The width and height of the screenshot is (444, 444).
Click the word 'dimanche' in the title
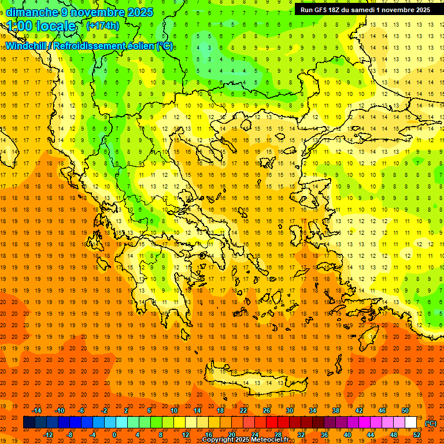pyautogui.click(x=32, y=12)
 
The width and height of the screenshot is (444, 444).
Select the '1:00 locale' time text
pyautogui.click(x=42, y=26)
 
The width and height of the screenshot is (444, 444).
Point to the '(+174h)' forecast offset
pyautogui.click(x=103, y=26)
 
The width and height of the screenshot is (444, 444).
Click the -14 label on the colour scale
pyautogui.click(x=38, y=410)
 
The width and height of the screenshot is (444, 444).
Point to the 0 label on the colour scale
pyautogui.click(x=114, y=434)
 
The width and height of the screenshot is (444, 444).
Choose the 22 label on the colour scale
pyautogui.click(x=243, y=410)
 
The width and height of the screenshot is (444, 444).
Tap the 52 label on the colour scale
pyautogui.click(x=417, y=434)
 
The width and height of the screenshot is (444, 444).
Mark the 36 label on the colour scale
pyautogui.click(x=324, y=434)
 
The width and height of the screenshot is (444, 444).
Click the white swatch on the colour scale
pyautogui.click(x=411, y=423)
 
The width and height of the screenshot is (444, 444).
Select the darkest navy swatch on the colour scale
pyautogui.click(x=29, y=423)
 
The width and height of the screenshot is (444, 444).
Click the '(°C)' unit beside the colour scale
pyautogui.click(x=431, y=423)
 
